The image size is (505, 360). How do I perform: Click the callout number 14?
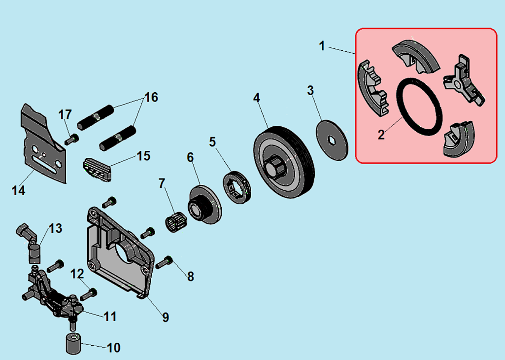[18, 190]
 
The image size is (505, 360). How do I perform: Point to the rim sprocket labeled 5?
[237, 187]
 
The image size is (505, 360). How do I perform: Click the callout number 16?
[151, 97]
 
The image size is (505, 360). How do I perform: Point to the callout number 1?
[322, 46]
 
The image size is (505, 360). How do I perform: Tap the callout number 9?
[166, 317]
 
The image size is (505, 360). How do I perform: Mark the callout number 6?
[190, 158]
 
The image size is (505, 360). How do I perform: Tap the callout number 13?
[55, 228]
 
